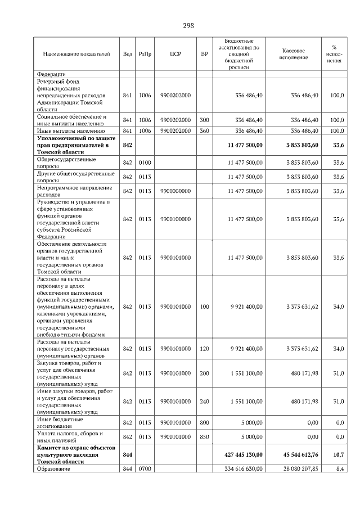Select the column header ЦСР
[x=174, y=54]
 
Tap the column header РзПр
[x=145, y=54]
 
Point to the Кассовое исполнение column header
[x=292, y=54]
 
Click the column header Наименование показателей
[x=76, y=54]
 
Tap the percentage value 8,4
[x=339, y=469]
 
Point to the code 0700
[x=145, y=469]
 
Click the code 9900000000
[x=175, y=191]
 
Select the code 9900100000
[x=175, y=219]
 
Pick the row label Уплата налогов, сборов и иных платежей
[x=70, y=436]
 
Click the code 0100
[x=145, y=163]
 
